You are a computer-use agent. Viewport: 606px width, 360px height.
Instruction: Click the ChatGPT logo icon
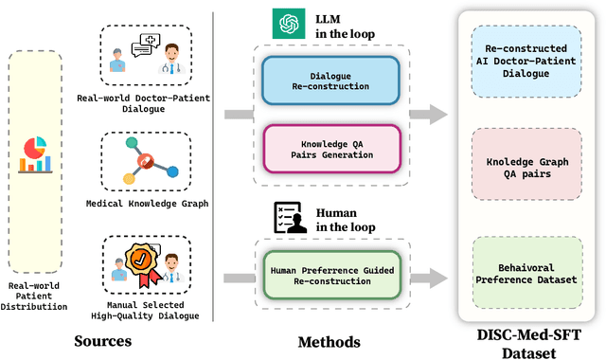(x=285, y=23)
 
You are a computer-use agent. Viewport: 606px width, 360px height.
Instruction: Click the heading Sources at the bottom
(x=105, y=340)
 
